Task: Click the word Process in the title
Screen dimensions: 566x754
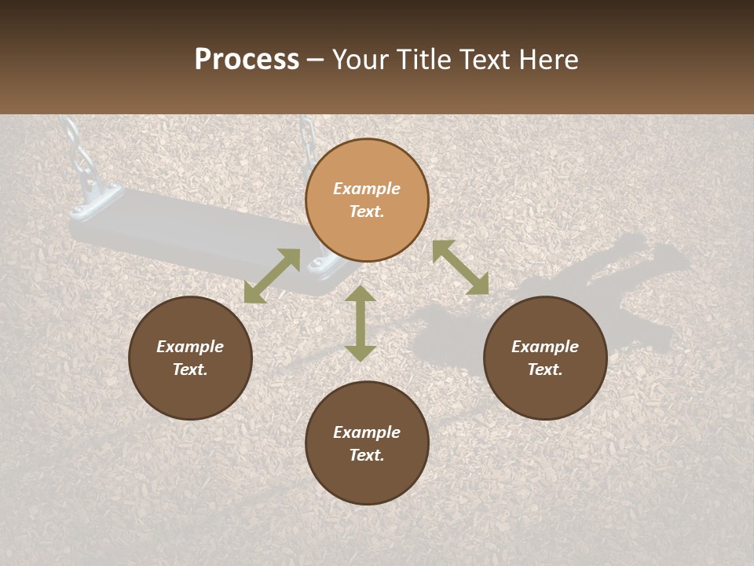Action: pyautogui.click(x=247, y=60)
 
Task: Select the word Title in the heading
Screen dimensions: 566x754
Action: pyautogui.click(x=423, y=60)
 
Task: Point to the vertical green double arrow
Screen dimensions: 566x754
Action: pyautogui.click(x=361, y=323)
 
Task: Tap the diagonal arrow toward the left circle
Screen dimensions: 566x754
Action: pyautogui.click(x=272, y=276)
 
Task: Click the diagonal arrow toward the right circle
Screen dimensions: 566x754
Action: pyautogui.click(x=460, y=267)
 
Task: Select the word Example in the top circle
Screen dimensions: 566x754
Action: pyautogui.click(x=367, y=189)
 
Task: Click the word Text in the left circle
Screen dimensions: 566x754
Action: pyautogui.click(x=190, y=369)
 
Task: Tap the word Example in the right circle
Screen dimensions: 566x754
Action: pyautogui.click(x=545, y=347)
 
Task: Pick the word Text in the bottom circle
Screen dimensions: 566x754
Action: pyautogui.click(x=367, y=455)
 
